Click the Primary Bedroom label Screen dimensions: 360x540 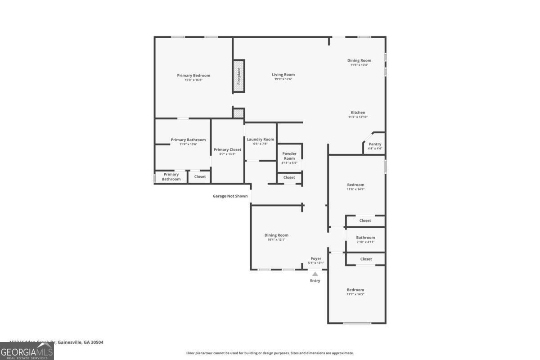tap(193, 76)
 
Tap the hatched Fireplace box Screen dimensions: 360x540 tap(239, 76)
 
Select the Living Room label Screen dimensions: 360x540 tap(283, 75)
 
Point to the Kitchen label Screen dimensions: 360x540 tap(358, 112)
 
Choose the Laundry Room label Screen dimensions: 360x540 tap(260, 139)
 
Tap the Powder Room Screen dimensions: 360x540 tap(289, 157)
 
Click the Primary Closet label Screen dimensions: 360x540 tap(227, 150)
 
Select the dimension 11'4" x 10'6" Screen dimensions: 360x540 tap(188, 144)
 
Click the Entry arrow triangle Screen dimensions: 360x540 tap(315, 274)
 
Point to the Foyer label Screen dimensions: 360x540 tap(316, 259)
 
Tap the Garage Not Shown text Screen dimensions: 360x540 tap(230, 196)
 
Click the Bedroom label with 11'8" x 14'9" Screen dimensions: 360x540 tap(355, 185)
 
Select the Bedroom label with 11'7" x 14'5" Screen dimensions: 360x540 tap(355, 290)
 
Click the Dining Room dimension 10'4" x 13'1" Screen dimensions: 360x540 tap(276, 240)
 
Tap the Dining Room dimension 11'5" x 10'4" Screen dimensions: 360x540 tap(359, 65)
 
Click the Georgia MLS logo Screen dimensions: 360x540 tap(27, 351)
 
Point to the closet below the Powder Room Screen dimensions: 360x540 tap(289, 177)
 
